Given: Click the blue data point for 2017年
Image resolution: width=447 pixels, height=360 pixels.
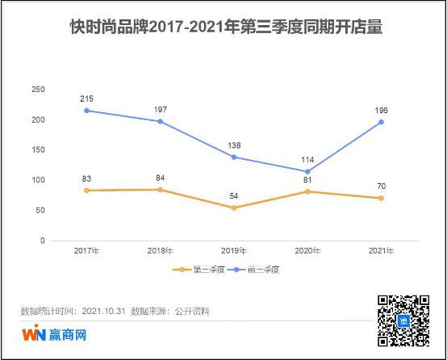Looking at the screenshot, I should [86, 111].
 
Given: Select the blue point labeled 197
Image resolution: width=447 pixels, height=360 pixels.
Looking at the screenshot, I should [160, 121].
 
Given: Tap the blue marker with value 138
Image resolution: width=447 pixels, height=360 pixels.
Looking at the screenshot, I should [233, 157].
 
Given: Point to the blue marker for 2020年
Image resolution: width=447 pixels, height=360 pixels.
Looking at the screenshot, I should [307, 171].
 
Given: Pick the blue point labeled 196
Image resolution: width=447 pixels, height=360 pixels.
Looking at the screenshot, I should [381, 122].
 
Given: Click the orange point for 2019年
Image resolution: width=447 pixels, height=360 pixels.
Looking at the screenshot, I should [233, 207].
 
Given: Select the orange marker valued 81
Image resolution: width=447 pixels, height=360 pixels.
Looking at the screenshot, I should [307, 191].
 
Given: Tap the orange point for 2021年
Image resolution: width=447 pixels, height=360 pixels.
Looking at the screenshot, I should [381, 198].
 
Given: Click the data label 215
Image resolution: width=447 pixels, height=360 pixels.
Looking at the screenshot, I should [86, 98].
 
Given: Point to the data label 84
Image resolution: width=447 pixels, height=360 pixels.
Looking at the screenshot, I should [160, 178].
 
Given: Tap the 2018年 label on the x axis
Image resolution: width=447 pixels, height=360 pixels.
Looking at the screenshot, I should [160, 251].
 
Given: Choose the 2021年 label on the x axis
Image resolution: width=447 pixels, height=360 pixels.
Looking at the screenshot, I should [381, 251].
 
